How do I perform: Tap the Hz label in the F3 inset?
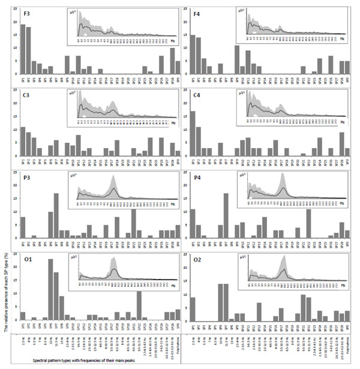(x=169, y=37)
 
